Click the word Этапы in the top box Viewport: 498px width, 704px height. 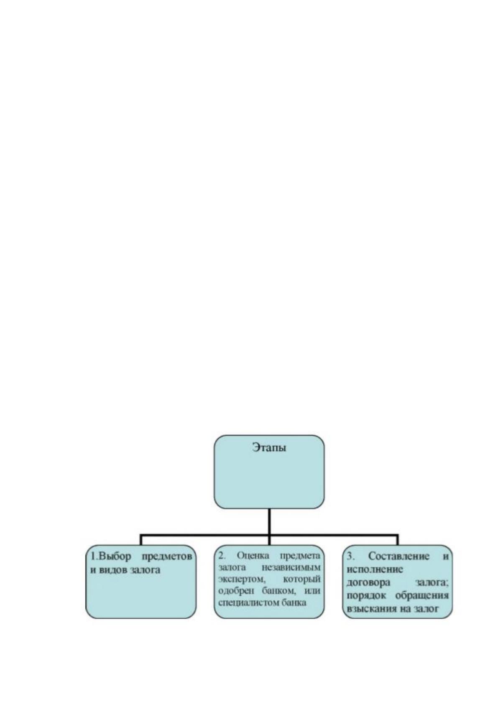(269, 447)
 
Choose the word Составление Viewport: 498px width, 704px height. (398, 556)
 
